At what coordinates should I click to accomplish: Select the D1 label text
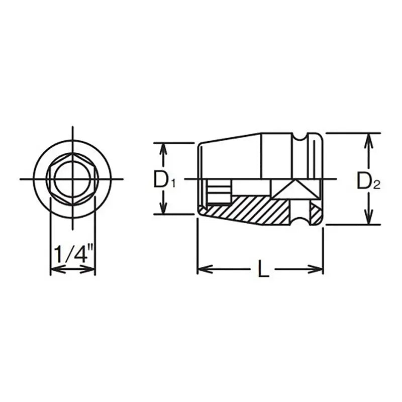point(164,180)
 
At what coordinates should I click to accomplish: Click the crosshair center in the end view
point(72,179)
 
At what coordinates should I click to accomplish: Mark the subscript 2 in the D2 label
point(377,185)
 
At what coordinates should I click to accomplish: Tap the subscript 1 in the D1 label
point(172,184)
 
